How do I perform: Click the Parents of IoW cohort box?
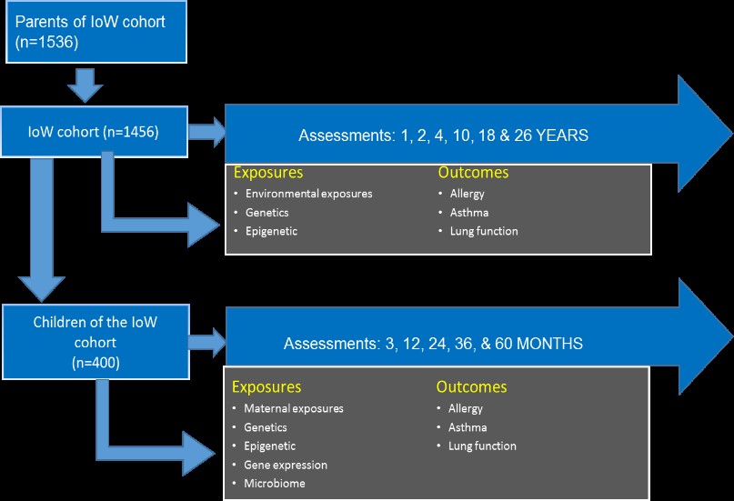point(96,32)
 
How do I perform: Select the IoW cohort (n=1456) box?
point(94,132)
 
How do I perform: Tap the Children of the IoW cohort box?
point(96,342)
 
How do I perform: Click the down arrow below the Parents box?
point(85,85)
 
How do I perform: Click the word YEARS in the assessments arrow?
point(562,135)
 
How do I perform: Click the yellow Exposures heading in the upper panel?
point(268,173)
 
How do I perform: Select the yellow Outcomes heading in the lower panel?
point(471,386)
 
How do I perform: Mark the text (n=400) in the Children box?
point(96,363)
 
